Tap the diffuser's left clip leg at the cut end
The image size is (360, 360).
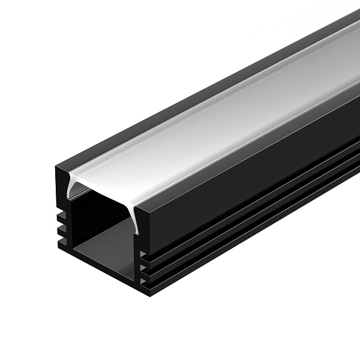pyautogui.click(x=71, y=191)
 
